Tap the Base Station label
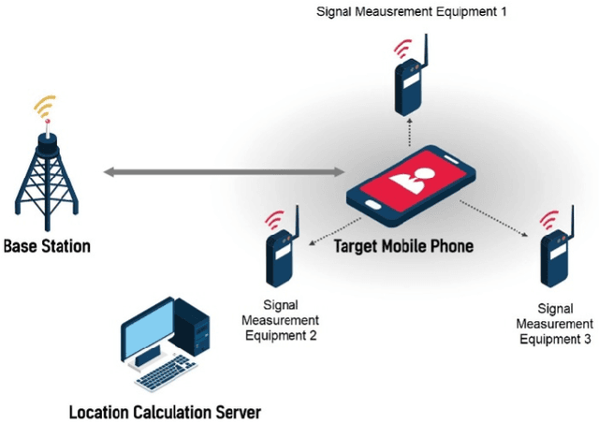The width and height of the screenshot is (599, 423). (x=47, y=247)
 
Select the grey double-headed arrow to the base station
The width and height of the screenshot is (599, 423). (x=224, y=172)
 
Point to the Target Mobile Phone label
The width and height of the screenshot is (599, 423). (x=404, y=247)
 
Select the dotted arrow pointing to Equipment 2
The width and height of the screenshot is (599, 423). (x=324, y=228)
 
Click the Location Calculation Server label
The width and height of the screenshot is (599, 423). (x=165, y=411)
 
